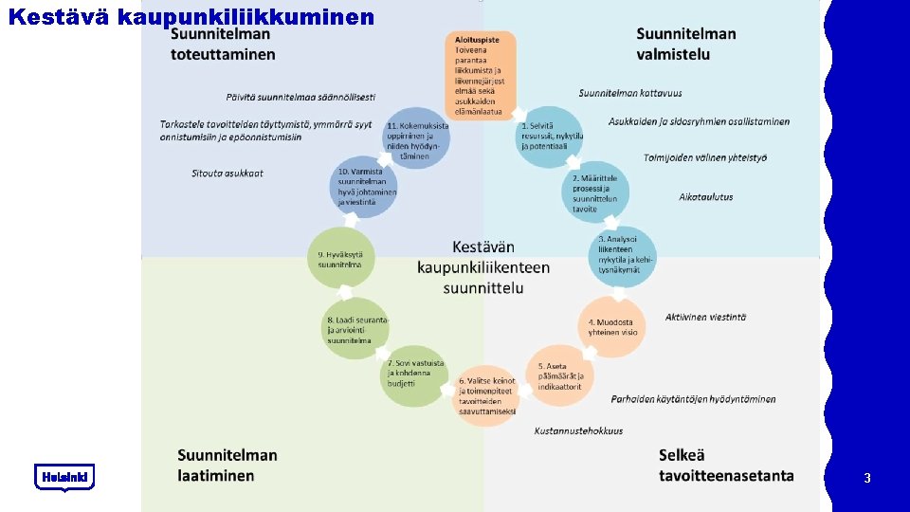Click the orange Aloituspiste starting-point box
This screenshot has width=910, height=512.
point(480,75)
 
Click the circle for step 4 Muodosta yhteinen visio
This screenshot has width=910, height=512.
point(611,327)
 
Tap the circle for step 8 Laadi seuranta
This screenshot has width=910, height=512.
point(355,327)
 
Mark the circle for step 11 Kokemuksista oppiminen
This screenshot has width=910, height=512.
point(416,138)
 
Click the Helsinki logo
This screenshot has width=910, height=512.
point(64,477)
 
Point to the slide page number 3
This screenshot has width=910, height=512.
point(866,479)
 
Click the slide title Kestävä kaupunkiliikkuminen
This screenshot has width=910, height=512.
point(191,16)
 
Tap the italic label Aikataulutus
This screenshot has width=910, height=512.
point(705,196)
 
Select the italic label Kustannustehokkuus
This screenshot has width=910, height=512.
point(578,430)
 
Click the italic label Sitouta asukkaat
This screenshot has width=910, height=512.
point(227,174)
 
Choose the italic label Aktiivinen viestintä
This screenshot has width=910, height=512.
point(705,317)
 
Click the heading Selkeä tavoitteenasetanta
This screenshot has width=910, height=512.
point(725,466)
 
